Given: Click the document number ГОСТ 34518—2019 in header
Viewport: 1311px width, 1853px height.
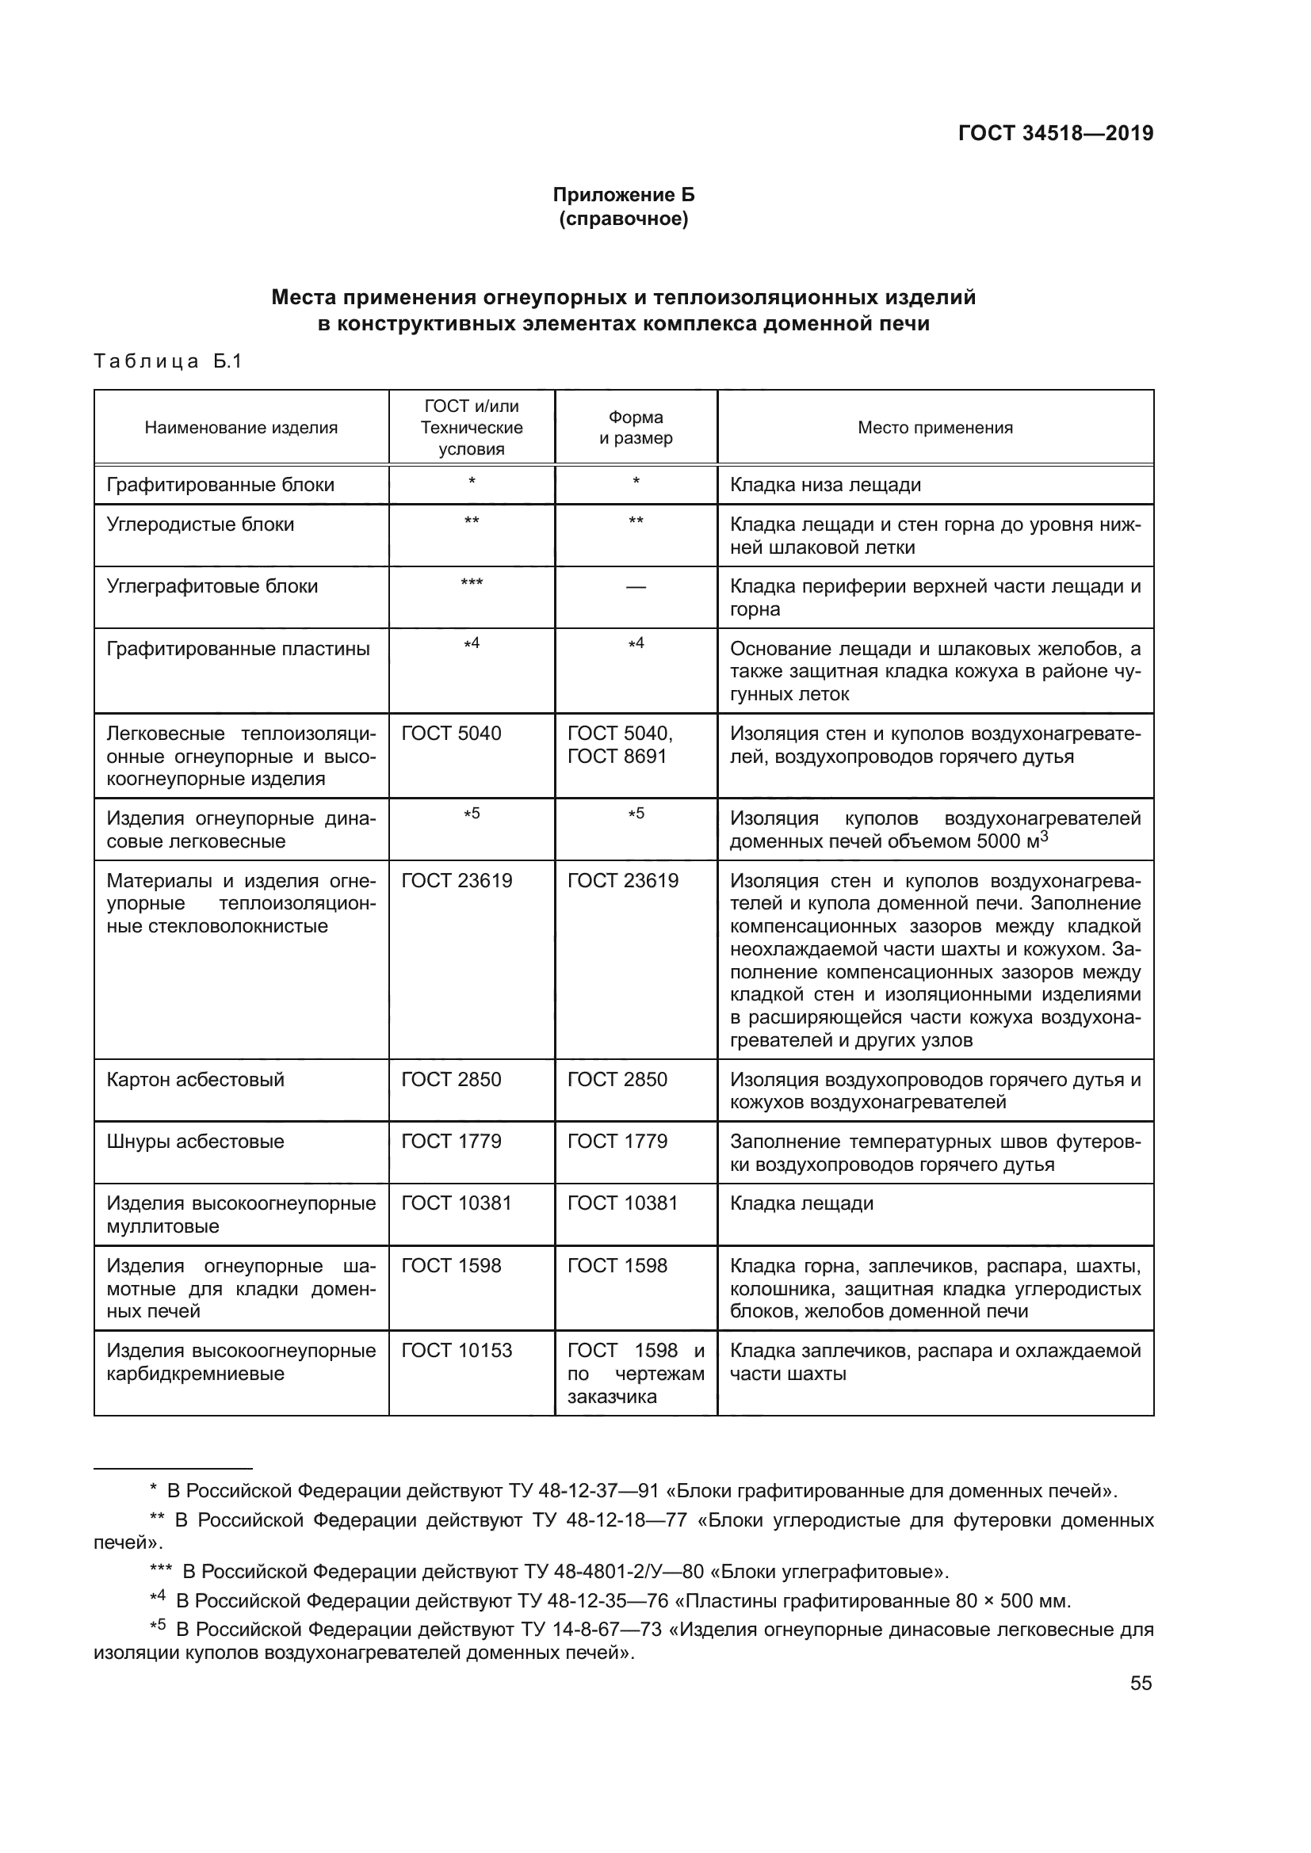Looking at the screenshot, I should tap(1055, 133).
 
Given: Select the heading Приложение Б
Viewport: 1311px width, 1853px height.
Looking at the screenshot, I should tap(622, 195).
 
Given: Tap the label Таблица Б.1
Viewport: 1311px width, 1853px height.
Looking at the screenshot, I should tap(168, 360).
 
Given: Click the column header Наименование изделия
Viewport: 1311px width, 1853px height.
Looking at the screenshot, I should tap(241, 428).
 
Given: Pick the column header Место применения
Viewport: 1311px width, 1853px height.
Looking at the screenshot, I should tap(934, 428).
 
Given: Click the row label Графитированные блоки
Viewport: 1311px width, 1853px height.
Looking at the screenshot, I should tap(220, 485).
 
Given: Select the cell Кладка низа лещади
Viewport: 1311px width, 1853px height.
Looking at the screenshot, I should tap(825, 485).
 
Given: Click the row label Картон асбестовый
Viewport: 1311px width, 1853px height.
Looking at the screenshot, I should tap(195, 1080).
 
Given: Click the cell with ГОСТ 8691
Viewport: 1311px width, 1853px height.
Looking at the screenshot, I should tap(617, 757).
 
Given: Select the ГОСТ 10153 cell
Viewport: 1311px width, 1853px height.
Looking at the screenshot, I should tap(456, 1351).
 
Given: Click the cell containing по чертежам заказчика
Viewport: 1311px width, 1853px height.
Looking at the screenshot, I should tap(636, 1374).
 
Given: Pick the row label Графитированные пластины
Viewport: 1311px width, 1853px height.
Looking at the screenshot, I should tap(238, 649).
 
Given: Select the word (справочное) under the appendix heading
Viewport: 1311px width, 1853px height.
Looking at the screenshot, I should tap(622, 219).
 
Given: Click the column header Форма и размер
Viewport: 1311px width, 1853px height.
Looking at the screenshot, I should tap(636, 428).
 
